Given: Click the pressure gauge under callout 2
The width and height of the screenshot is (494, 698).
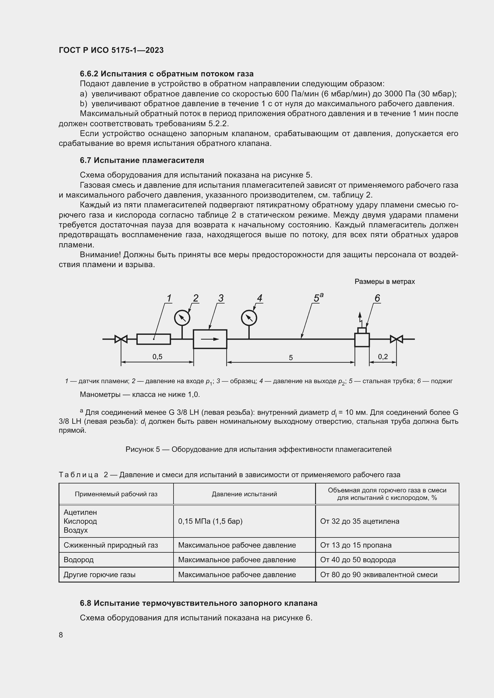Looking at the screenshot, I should click(182, 318).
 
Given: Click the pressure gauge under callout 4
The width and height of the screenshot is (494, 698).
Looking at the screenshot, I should click(249, 318).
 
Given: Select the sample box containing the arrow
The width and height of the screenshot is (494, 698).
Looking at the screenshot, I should click(210, 339).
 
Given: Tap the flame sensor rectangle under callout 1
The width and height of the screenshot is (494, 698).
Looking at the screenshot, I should click(154, 339).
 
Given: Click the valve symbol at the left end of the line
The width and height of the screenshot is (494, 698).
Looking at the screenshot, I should click(121, 339).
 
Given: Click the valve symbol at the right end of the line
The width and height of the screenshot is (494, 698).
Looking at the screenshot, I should click(396, 339).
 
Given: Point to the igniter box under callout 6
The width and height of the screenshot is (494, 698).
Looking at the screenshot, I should click(362, 339).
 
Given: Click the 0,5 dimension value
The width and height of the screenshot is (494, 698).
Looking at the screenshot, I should click(157, 357).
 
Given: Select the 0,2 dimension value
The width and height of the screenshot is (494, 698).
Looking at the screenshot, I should click(383, 357).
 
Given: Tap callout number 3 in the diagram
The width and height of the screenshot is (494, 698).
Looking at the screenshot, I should click(221, 298).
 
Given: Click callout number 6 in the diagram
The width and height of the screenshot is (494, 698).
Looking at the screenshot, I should click(377, 298).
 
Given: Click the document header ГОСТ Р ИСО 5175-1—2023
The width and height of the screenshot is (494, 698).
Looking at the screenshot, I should click(111, 50).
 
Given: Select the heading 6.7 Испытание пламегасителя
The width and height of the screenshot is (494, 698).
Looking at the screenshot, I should click(142, 160).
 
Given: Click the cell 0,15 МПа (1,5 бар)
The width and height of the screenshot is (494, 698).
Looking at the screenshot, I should click(210, 521).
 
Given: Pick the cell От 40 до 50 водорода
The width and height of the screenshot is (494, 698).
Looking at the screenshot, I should click(358, 560).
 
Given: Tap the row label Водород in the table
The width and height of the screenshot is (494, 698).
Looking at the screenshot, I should click(79, 560).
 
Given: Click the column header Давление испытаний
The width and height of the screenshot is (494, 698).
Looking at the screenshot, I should click(244, 494).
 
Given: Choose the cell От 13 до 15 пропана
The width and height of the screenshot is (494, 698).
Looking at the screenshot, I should click(356, 545).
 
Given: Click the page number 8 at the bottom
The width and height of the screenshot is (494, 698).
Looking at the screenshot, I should click(61, 635).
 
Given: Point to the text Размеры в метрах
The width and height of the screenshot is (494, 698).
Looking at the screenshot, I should click(384, 281).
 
